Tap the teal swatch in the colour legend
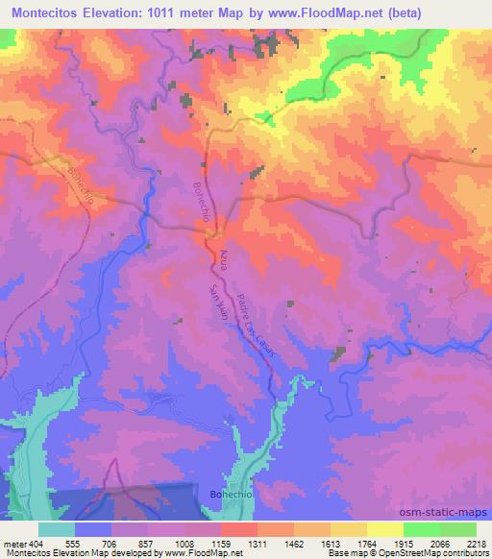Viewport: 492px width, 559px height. pos(56,529)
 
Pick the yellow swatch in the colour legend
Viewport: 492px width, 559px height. pos(384,529)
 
